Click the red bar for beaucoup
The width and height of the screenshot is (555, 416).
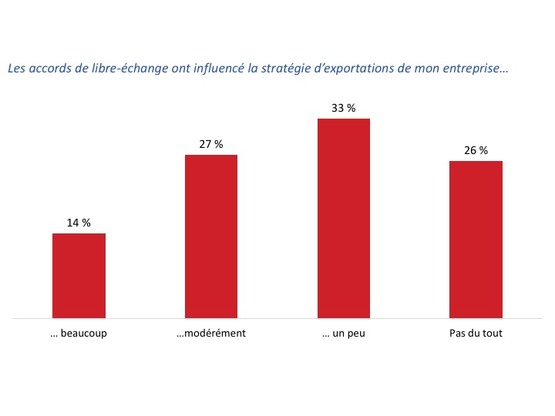pos(79,275)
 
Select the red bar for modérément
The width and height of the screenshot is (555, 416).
pos(211,236)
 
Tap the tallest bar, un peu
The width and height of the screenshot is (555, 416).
pos(344,218)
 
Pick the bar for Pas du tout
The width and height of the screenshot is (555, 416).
pos(476,239)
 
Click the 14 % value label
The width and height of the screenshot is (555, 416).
pos(79,223)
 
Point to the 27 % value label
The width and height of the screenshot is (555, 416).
pos(211,144)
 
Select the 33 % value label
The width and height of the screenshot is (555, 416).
pos(344,109)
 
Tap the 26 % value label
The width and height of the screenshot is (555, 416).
pos(476,150)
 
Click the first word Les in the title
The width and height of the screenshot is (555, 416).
pos(15,69)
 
